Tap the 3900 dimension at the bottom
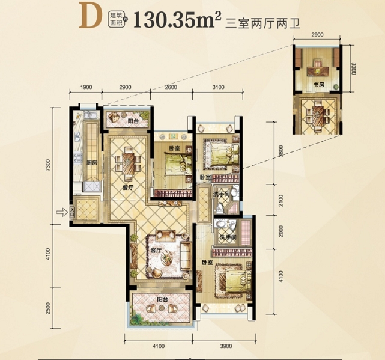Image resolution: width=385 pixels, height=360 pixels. [x=225, y=347]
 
